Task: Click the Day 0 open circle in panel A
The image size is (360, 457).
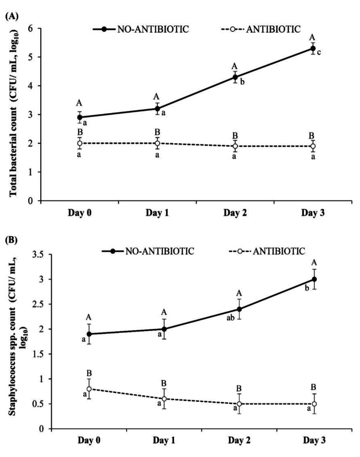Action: coord(79,143)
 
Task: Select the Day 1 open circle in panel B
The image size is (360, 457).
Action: coord(164,399)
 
